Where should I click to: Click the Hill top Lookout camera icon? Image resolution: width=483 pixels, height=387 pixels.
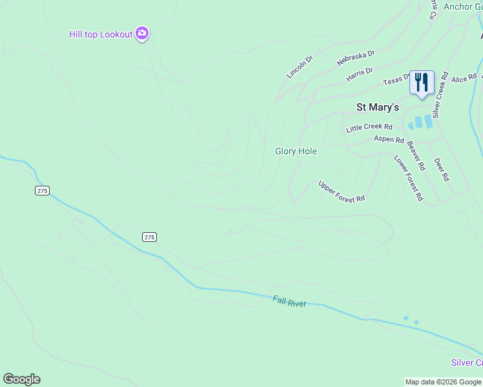(142, 34)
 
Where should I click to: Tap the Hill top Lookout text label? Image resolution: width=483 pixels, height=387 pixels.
(101, 34)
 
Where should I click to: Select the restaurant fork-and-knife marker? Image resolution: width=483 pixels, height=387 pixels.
(422, 83)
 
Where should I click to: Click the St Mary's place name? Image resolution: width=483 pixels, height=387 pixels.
(378, 107)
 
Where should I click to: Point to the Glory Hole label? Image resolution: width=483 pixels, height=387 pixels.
(296, 151)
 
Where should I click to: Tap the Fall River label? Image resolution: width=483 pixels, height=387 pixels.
(289, 301)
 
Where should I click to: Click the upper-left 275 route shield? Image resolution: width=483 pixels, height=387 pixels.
(42, 191)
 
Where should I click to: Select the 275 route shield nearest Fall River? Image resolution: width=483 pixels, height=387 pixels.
(149, 237)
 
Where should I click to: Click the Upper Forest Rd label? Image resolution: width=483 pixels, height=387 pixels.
(342, 191)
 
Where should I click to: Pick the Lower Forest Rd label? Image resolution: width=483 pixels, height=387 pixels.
(408, 177)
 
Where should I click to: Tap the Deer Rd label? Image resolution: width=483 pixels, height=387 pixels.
(441, 169)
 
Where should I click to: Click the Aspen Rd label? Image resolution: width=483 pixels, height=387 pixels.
(389, 139)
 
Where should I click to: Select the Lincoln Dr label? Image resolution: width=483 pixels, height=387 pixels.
(300, 67)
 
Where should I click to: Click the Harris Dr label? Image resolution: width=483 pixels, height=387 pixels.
(360, 74)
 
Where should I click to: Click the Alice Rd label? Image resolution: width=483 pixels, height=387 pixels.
(464, 79)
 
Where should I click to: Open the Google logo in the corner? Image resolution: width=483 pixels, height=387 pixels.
(21, 379)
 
